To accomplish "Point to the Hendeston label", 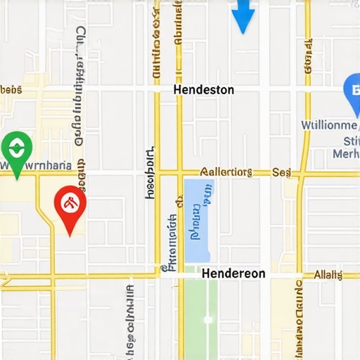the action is point(203,90).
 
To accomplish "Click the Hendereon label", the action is point(233,274).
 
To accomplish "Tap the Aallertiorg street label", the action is point(226,172).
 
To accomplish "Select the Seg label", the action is point(281,172).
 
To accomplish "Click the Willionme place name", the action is point(329,125).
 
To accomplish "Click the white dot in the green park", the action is point(208,320).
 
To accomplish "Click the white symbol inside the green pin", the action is point(16,147).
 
